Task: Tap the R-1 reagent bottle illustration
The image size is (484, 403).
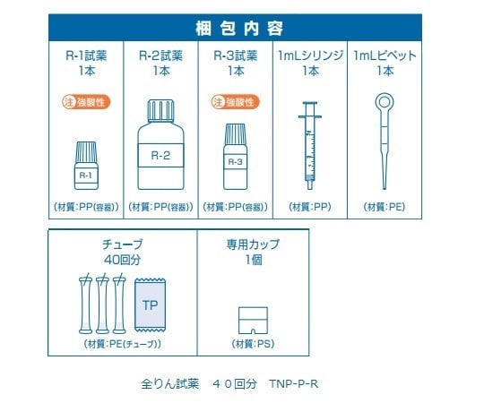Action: coord(87,167)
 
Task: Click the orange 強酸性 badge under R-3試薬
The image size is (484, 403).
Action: coord(236,103)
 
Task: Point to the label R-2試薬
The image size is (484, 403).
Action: coord(161,56)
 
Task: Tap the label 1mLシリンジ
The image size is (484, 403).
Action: coord(310,56)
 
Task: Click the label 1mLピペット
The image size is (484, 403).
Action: coord(385,56)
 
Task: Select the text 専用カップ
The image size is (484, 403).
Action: coord(253,244)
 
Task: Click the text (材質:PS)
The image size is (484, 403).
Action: coord(253,344)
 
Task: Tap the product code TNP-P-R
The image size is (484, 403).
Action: coord(294,384)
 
